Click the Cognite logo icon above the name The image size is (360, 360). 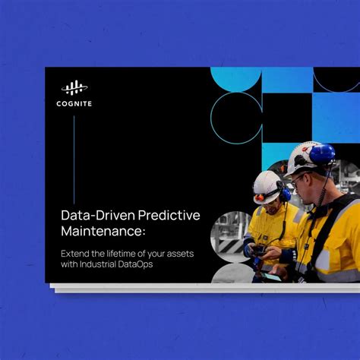click(x=74, y=87)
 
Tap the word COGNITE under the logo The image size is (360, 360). click(x=74, y=103)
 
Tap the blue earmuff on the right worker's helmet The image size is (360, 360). click(x=322, y=155)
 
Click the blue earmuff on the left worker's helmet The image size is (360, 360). click(x=285, y=194)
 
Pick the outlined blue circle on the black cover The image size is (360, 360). click(x=235, y=118)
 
